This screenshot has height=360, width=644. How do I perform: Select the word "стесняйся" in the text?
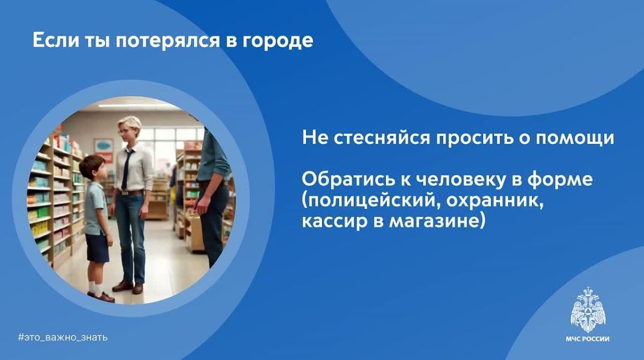pos(382,138)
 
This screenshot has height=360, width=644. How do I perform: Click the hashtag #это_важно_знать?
pos(63,337)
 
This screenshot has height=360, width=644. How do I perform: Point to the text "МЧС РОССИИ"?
pos(588,339)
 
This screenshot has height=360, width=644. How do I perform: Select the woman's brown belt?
pos(131,193)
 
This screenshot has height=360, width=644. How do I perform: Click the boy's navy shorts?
pos(97,248)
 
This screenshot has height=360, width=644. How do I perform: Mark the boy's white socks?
pos(95,288)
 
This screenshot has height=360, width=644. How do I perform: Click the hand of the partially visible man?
pos(201,204)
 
